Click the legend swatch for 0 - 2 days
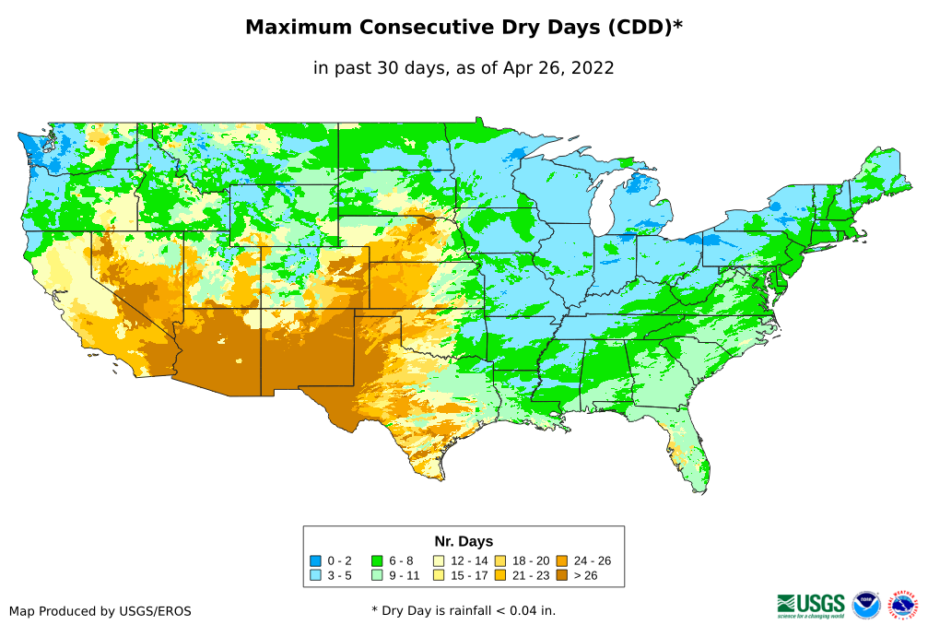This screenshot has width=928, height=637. (x=316, y=560)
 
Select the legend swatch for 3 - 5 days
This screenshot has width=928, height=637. (x=316, y=575)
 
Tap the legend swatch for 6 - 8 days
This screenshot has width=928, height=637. (x=377, y=560)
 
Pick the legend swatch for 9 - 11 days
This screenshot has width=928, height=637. (x=377, y=575)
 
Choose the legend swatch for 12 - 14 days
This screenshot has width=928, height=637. (x=439, y=560)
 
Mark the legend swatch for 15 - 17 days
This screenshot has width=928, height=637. (x=439, y=575)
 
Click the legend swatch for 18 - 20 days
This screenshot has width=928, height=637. (x=499, y=560)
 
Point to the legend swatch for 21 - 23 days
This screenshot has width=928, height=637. (x=499, y=575)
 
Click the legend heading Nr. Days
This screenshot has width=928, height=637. (x=464, y=541)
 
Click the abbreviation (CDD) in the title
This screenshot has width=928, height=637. (x=640, y=28)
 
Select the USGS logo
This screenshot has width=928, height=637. (x=811, y=605)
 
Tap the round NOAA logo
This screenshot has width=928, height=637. (x=866, y=605)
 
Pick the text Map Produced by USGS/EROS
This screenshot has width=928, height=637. (x=100, y=611)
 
